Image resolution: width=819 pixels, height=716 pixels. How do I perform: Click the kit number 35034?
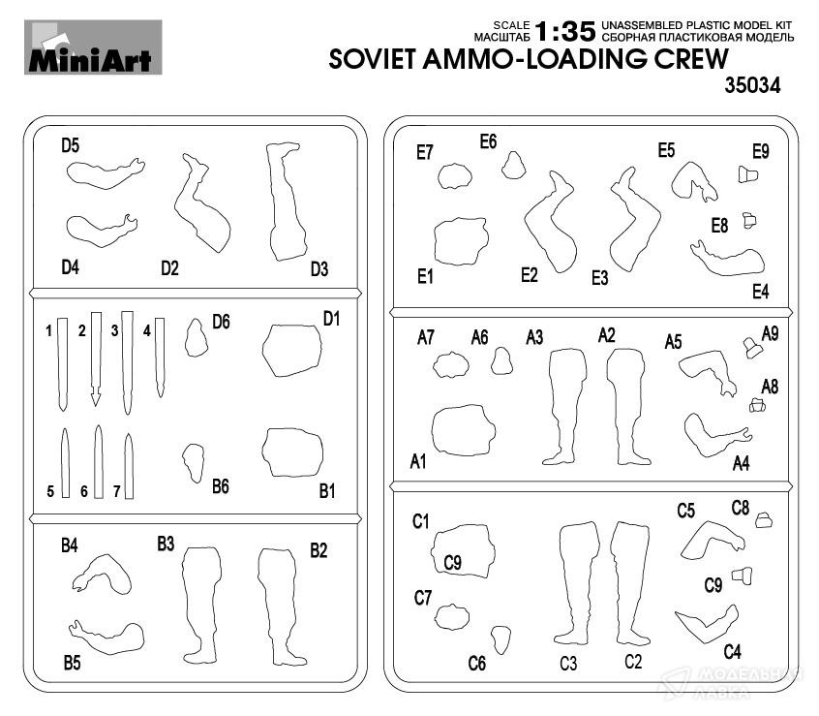(x=751, y=86)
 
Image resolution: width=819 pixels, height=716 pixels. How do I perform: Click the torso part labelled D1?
(x=292, y=350)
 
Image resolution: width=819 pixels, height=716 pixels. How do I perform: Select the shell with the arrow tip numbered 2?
(x=95, y=358)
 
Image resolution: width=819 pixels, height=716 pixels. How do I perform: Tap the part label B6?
(x=220, y=486)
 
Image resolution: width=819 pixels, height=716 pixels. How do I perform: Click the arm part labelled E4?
(x=728, y=258)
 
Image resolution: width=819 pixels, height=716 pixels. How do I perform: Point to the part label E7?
(x=424, y=151)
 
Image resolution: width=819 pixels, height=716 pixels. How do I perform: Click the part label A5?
(x=674, y=342)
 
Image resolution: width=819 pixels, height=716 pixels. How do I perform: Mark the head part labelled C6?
(x=500, y=638)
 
